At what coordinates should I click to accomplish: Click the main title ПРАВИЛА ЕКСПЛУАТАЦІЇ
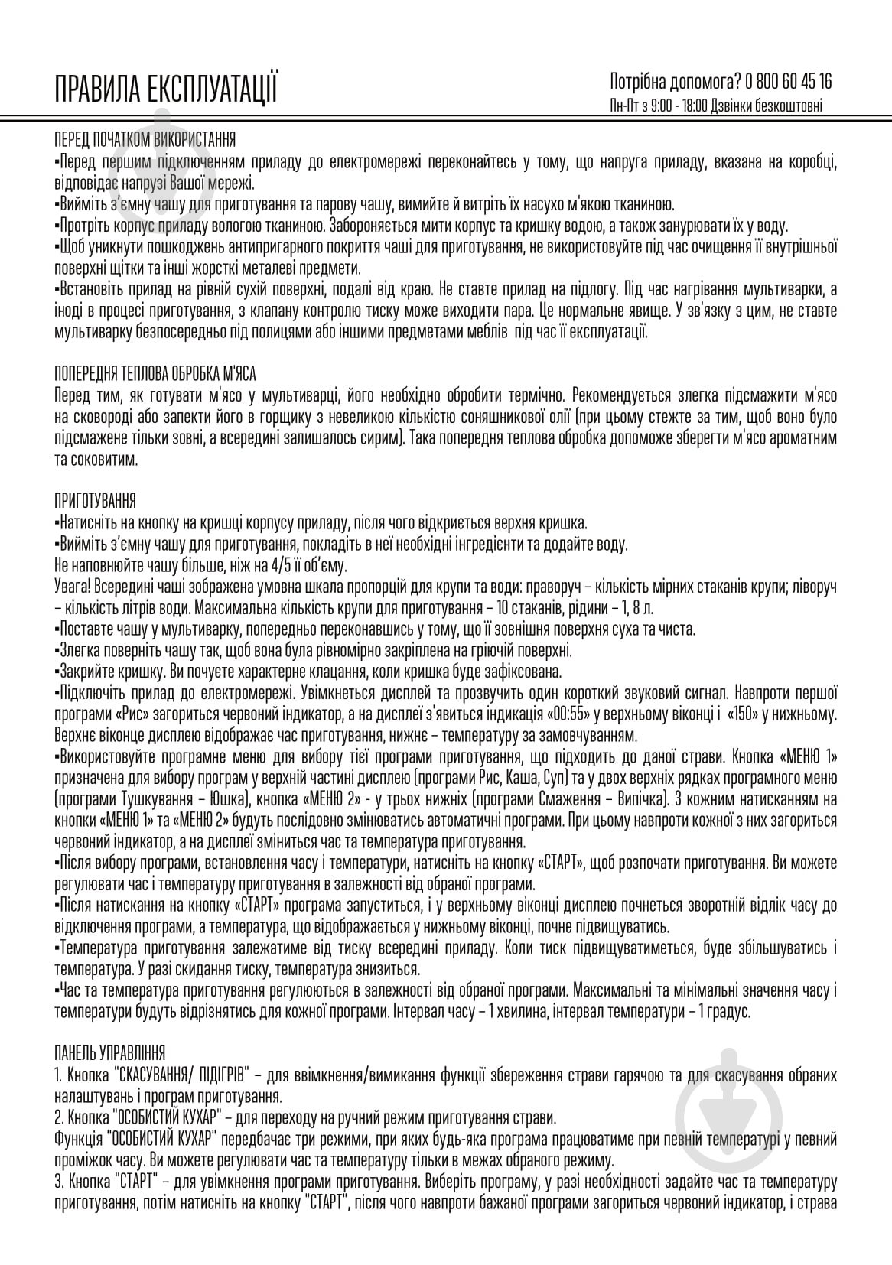click(x=165, y=89)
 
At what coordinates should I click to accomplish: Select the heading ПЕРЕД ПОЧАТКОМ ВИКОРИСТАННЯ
click(x=145, y=140)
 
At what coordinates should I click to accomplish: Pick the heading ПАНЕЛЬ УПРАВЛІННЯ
click(x=109, y=1053)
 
